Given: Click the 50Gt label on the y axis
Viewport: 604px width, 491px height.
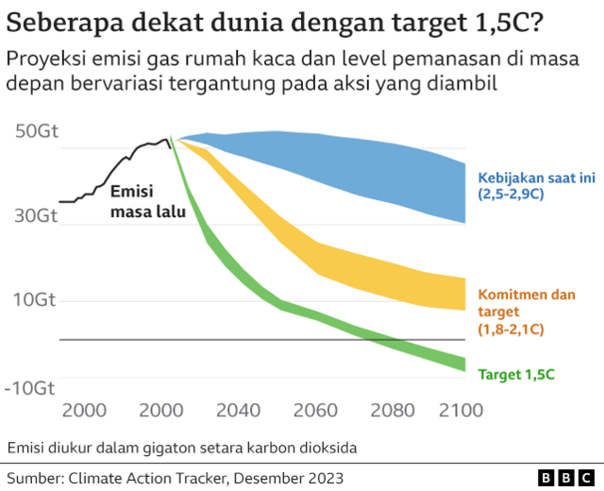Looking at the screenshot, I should tap(37, 131).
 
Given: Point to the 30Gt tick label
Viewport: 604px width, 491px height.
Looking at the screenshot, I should tap(37, 215).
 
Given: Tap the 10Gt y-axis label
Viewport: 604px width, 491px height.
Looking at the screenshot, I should tap(37, 300).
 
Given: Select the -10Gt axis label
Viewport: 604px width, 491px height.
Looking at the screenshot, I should tap(33, 388).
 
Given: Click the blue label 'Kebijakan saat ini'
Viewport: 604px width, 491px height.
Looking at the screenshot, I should tap(525, 177).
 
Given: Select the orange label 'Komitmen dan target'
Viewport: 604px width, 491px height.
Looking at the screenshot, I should tap(526, 303).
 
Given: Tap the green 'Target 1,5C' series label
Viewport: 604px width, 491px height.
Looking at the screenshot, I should tap(516, 374).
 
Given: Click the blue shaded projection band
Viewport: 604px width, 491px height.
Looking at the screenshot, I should tap(359, 165).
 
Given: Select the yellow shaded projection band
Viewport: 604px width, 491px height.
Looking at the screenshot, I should tap(359, 269).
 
